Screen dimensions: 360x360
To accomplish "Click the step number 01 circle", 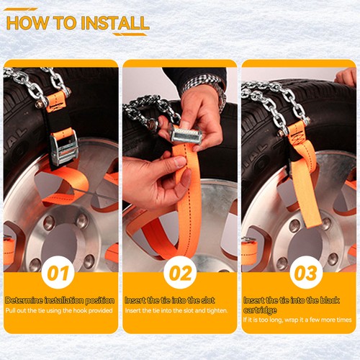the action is pos(58,273).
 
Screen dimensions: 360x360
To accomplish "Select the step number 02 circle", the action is pos(180,273).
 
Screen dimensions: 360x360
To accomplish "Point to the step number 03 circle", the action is pos(306,273).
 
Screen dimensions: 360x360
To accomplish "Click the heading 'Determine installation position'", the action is pos(60,300).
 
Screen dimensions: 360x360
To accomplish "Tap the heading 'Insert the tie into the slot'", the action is pos(170,300).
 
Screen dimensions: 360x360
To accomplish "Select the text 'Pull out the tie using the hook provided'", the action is pos(59,310).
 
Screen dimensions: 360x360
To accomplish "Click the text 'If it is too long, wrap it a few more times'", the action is pos(297,320).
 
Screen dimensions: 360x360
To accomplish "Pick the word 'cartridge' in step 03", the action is pos(260,310).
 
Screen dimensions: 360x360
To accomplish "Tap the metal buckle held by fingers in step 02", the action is pos(185,135).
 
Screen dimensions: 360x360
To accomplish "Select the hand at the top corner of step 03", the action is pos(346,77).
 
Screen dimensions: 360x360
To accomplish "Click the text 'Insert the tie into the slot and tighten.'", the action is pos(176,310).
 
